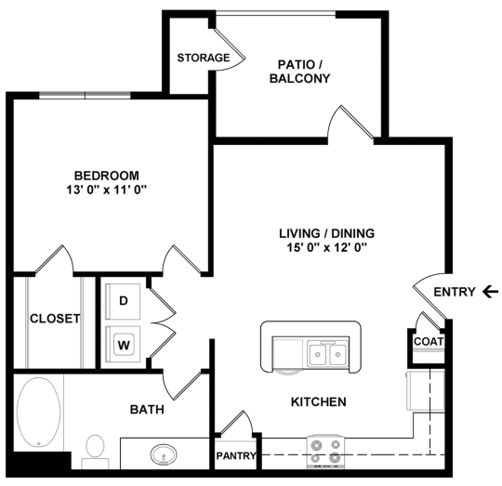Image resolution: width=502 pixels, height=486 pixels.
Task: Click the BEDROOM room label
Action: point(107,175)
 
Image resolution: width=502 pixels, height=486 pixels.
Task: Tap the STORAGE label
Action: point(204,58)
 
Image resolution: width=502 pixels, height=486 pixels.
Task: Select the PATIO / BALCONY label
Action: point(299,72)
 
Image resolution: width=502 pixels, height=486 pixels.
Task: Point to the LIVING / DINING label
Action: point(331,233)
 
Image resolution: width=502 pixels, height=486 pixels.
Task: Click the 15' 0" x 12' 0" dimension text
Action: point(331,248)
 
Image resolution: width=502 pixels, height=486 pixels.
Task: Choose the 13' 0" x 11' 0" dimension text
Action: point(107,190)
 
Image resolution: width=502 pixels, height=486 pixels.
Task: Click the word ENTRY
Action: point(454,292)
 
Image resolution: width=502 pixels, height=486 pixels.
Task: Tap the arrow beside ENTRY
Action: point(490,292)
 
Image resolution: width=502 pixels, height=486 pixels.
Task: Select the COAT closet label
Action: point(429,341)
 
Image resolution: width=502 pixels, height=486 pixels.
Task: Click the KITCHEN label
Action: point(320,402)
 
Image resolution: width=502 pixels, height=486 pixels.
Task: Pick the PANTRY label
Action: point(236,456)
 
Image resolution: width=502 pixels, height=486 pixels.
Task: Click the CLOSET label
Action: point(55,318)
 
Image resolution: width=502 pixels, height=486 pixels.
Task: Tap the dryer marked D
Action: point(123,301)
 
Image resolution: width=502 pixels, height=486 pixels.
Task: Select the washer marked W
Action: point(123,344)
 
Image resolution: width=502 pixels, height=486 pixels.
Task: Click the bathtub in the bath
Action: point(41,412)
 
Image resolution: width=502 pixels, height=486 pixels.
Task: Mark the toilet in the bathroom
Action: point(94,451)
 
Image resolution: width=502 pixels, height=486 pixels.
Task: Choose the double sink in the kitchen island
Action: point(326,353)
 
